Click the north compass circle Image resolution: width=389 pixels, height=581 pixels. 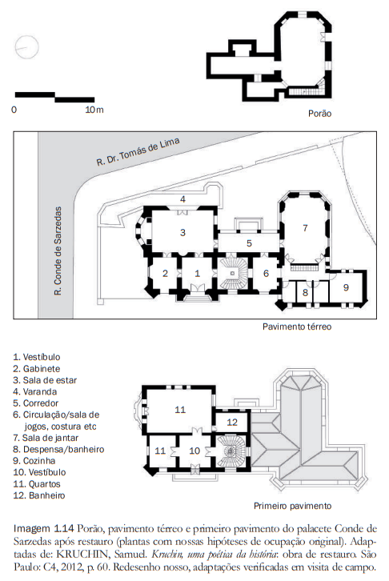point(27,36)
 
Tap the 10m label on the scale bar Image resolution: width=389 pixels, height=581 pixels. point(94,110)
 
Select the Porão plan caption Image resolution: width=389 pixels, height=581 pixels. point(319,114)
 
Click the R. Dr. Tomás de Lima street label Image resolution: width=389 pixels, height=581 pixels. point(138,151)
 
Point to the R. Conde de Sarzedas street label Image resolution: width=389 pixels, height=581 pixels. point(58,251)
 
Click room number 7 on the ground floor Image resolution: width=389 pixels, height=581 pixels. point(305,228)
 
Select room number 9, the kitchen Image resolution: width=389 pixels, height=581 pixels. point(346,287)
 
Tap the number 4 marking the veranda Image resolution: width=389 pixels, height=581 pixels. point(182,199)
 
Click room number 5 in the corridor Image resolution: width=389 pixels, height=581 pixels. point(250,243)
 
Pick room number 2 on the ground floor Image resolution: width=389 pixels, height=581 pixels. point(165,274)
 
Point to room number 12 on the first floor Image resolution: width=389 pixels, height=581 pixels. point(232,422)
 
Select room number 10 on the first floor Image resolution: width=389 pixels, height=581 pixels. point(194,451)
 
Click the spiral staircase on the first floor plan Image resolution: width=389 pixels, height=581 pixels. point(231,451)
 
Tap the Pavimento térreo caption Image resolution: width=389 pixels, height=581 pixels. point(297,327)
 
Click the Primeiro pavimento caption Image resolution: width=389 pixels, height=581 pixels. point(293,506)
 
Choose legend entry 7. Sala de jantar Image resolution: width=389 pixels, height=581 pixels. point(46,438)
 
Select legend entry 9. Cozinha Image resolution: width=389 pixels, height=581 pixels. point(34,461)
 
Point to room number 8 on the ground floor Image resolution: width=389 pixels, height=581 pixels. point(305,293)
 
